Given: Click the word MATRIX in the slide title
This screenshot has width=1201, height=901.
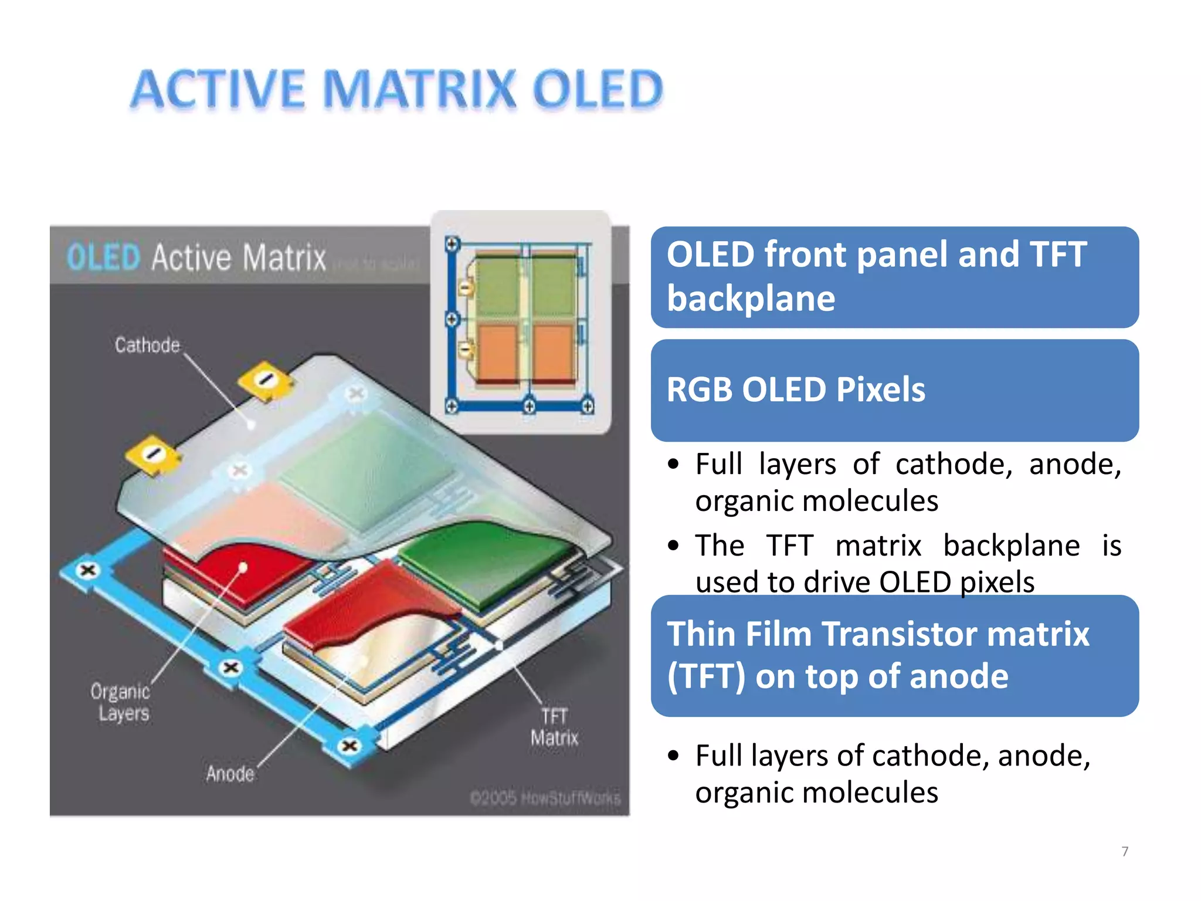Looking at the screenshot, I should click(420, 90).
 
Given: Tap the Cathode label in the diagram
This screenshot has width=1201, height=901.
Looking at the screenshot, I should click(147, 345).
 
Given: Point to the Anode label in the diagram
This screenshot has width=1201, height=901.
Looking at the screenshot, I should click(230, 774).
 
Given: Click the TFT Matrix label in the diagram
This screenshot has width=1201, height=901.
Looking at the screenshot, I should click(554, 727).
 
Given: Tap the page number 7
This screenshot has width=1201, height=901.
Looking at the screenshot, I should click(1124, 851).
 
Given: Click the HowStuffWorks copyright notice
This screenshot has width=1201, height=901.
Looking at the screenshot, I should click(545, 798).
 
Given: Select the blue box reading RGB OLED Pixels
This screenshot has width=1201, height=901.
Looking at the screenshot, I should click(894, 390).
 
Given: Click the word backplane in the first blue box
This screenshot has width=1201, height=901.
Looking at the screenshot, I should click(751, 299).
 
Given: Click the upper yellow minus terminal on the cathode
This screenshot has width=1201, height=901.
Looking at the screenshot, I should click(266, 380).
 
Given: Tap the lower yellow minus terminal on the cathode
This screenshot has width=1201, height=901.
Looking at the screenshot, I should click(152, 455).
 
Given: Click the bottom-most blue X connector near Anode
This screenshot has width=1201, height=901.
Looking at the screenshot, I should click(350, 746).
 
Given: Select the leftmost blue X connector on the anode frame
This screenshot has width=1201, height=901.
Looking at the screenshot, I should click(88, 570).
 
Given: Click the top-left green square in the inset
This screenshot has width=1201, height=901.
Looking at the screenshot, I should click(496, 285).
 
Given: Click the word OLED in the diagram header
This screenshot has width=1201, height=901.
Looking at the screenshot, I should click(103, 257).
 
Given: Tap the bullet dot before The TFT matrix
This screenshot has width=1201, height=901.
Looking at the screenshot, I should click(673, 546).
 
